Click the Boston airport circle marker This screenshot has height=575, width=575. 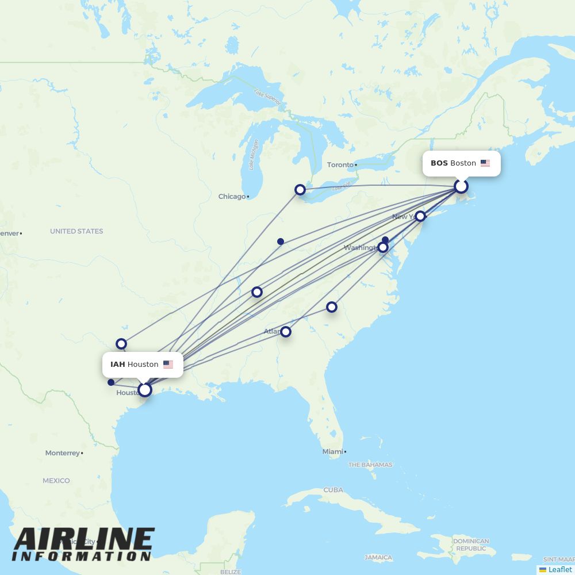tap(461, 186)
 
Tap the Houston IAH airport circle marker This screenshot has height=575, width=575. tap(145, 390)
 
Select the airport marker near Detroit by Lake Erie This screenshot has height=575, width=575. tap(300, 190)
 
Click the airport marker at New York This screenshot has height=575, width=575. tap(420, 216)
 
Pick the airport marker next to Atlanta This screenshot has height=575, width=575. tap(286, 332)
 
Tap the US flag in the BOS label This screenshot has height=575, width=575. tap(485, 163)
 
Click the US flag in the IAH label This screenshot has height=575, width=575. tap(168, 365)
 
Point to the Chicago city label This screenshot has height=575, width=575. tap(232, 197)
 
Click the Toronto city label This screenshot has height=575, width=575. tap(340, 165)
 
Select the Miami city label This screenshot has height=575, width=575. tap(332, 452)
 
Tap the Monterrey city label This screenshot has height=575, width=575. tap(63, 453)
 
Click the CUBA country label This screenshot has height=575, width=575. tap(333, 490)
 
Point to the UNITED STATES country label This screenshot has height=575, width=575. tap(76, 231)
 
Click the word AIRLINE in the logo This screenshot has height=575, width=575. tap(84, 539)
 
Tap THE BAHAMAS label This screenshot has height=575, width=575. tap(370, 465)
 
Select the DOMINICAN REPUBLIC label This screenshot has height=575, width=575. tap(471, 545)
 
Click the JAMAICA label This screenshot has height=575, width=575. tap(378, 558)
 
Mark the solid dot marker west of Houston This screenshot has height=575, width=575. tap(111, 382)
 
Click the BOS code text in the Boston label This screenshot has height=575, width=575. tap(439, 163)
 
